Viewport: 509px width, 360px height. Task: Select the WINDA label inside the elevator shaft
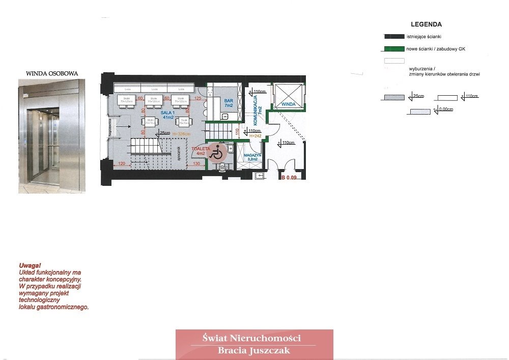pos(289,104)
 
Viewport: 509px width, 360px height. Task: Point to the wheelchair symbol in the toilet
pos(217,152)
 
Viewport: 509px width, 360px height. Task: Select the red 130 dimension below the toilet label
pos(196,164)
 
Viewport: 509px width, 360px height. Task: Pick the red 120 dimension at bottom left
pos(122,164)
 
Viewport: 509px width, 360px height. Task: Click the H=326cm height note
pos(182,134)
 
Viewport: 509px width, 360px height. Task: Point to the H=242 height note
pos(256,136)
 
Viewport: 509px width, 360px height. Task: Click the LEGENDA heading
pos(426,24)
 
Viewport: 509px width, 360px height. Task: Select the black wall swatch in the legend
pos(394,37)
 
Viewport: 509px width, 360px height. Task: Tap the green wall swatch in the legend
pos(394,49)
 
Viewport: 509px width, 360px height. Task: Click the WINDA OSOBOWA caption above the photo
pos(52,74)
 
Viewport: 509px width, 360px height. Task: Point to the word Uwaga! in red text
pos(30,266)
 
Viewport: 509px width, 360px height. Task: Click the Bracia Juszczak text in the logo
pos(254,350)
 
